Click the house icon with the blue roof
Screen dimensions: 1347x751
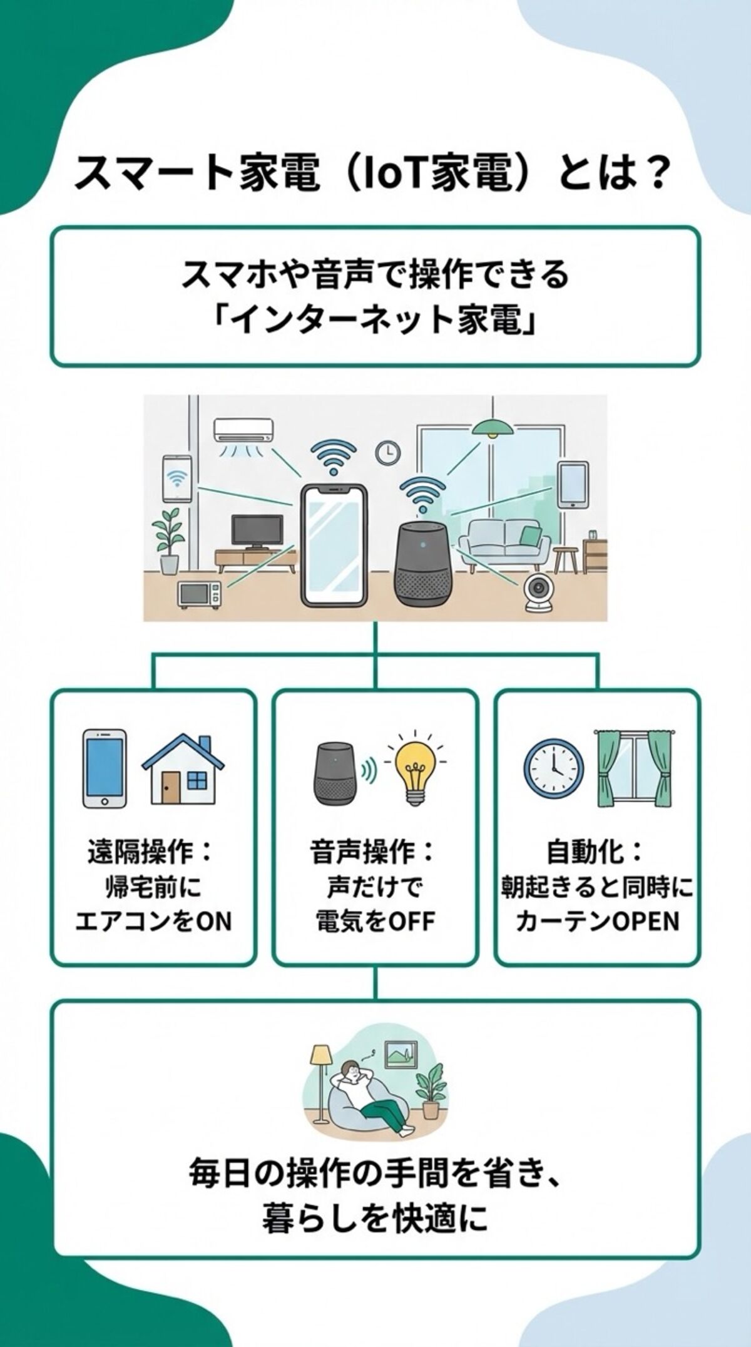point(183,770)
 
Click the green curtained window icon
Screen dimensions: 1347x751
point(633,767)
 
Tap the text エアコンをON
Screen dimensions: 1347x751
point(153,921)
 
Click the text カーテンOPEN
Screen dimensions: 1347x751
point(598,921)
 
